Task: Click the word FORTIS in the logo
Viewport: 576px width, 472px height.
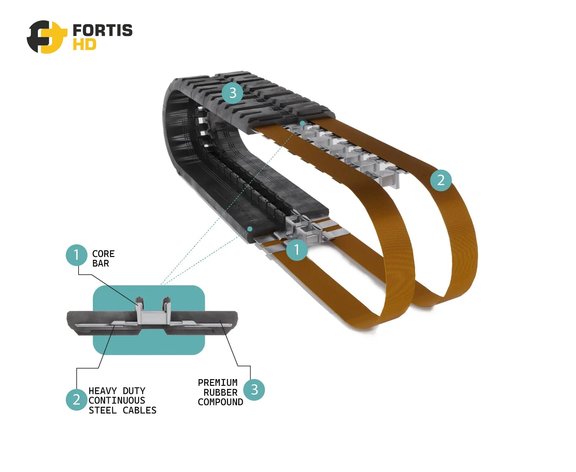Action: pos(102,30)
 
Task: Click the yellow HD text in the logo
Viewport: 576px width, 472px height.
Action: pos(84,45)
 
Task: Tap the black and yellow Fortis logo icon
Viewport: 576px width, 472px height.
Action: pos(47,37)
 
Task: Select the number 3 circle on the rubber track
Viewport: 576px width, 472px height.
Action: pos(232,93)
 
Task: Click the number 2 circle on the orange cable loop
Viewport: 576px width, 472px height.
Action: pos(441,180)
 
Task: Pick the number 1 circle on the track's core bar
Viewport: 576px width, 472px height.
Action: pos(297,250)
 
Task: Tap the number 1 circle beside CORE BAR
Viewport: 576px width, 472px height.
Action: pos(76,255)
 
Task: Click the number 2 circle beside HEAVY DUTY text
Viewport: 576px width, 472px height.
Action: pos(76,399)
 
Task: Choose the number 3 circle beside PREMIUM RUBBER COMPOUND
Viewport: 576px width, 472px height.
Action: pos(254,390)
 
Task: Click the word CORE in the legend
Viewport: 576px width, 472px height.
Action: pos(103,254)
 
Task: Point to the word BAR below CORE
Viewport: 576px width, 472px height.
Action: pos(101,264)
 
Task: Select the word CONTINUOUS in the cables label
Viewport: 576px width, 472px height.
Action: pos(117,400)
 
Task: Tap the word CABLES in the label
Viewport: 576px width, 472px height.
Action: pos(139,410)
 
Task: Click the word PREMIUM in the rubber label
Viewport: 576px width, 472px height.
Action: pos(218,383)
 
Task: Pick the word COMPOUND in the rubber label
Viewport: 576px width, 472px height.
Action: pos(220,402)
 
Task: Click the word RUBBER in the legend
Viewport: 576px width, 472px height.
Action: pos(220,392)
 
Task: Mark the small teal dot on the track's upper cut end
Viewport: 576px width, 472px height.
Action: pos(302,123)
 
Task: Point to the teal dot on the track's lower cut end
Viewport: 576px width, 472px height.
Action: pos(250,229)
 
